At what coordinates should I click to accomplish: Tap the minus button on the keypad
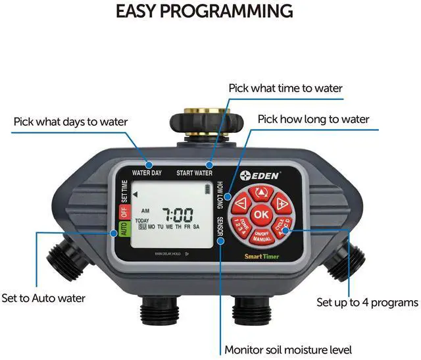(x=242, y=203)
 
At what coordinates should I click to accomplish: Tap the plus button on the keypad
(x=280, y=203)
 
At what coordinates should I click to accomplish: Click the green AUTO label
(x=122, y=230)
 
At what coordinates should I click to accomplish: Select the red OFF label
(x=122, y=212)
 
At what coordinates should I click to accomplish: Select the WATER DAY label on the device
(x=147, y=173)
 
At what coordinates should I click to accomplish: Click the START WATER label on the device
(x=194, y=173)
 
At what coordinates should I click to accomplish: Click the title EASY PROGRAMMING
(x=205, y=11)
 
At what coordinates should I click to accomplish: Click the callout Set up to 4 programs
(x=367, y=303)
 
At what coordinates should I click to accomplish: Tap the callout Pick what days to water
(x=71, y=122)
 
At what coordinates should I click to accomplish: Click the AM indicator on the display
(x=146, y=211)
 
